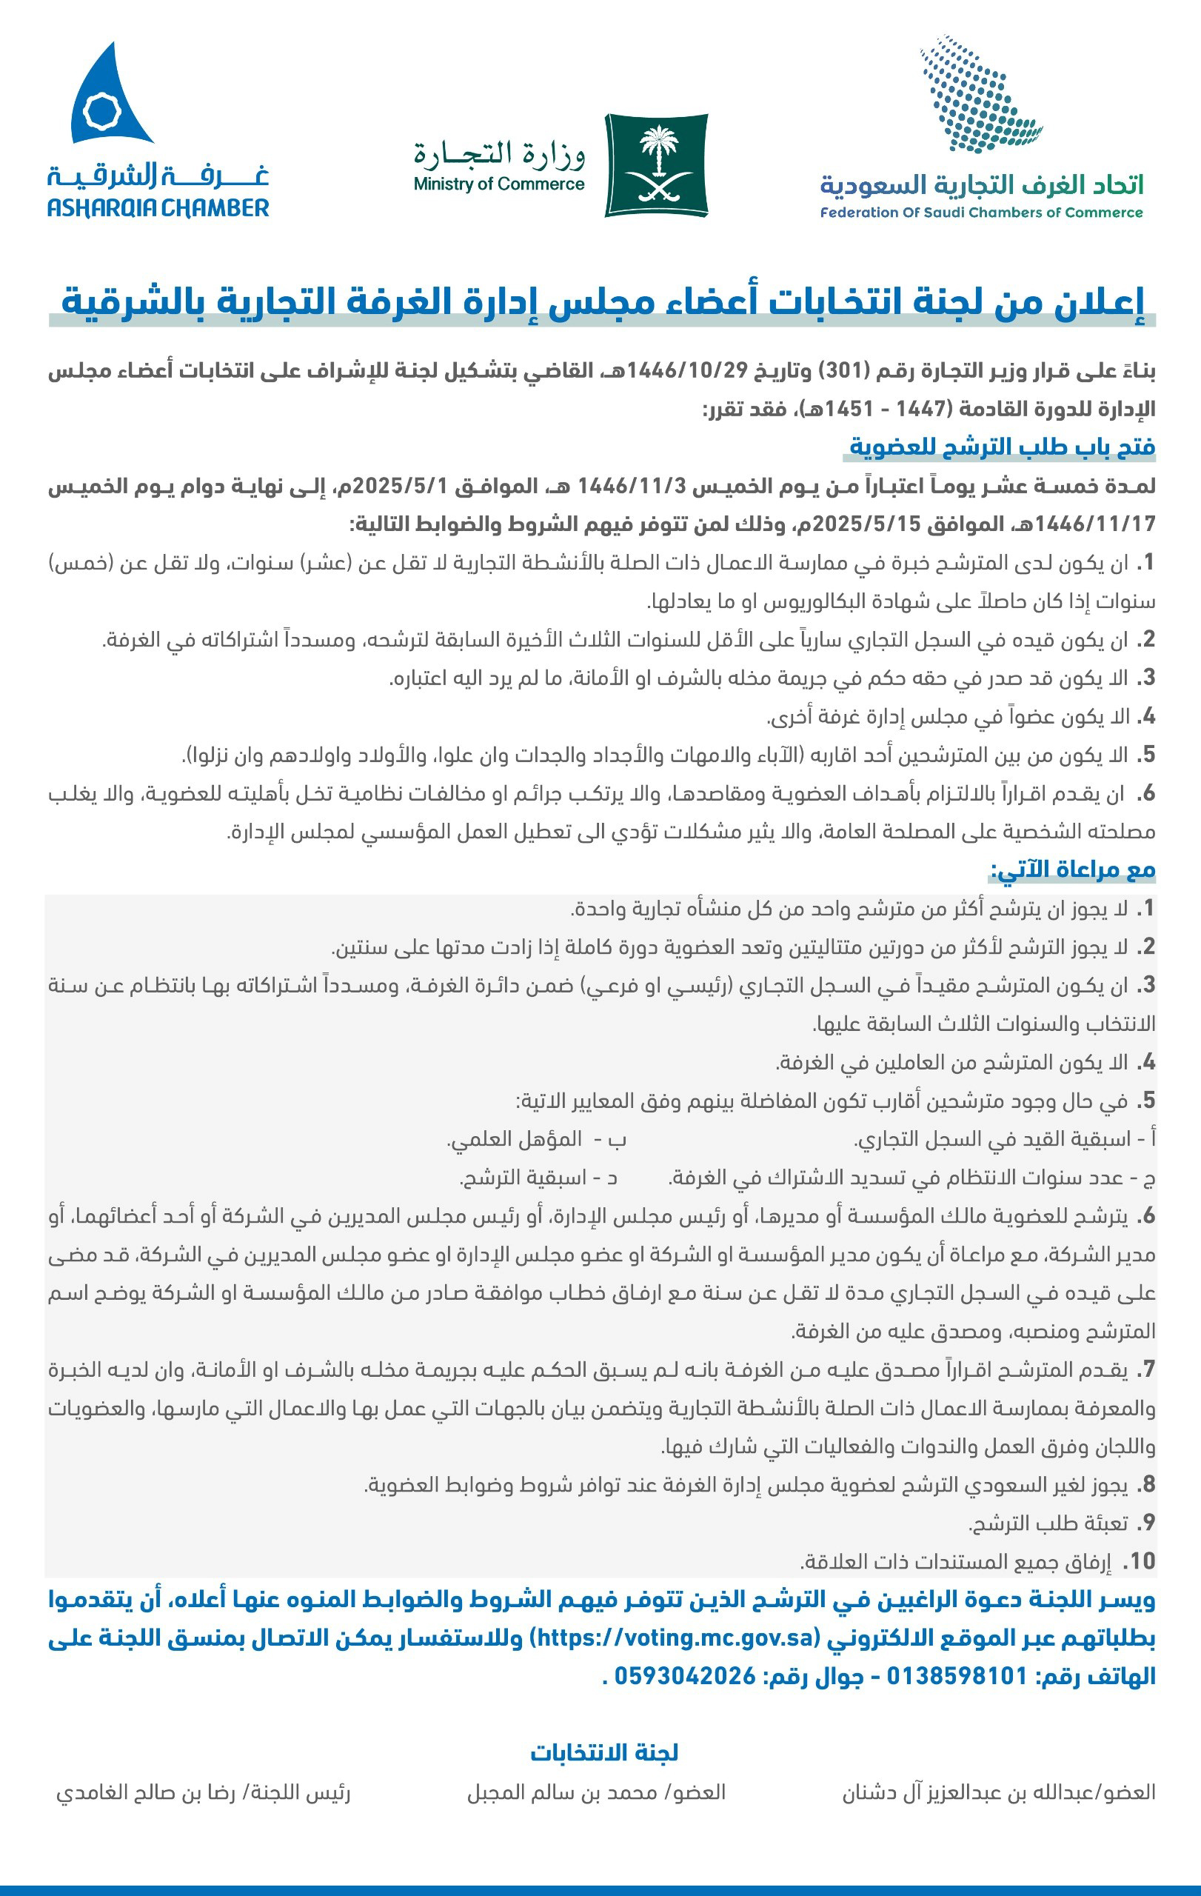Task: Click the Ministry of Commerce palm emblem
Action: coord(656,165)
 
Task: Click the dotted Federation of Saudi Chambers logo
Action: coord(979,94)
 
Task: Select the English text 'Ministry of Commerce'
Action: coord(499,185)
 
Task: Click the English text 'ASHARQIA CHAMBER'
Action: coord(158,209)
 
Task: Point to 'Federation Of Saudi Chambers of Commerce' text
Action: coord(981,213)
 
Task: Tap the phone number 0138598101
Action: coord(957,1675)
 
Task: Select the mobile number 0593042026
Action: coord(685,1675)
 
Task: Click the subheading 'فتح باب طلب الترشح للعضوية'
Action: coord(1001,447)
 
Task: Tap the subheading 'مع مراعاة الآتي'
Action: coord(1072,869)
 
